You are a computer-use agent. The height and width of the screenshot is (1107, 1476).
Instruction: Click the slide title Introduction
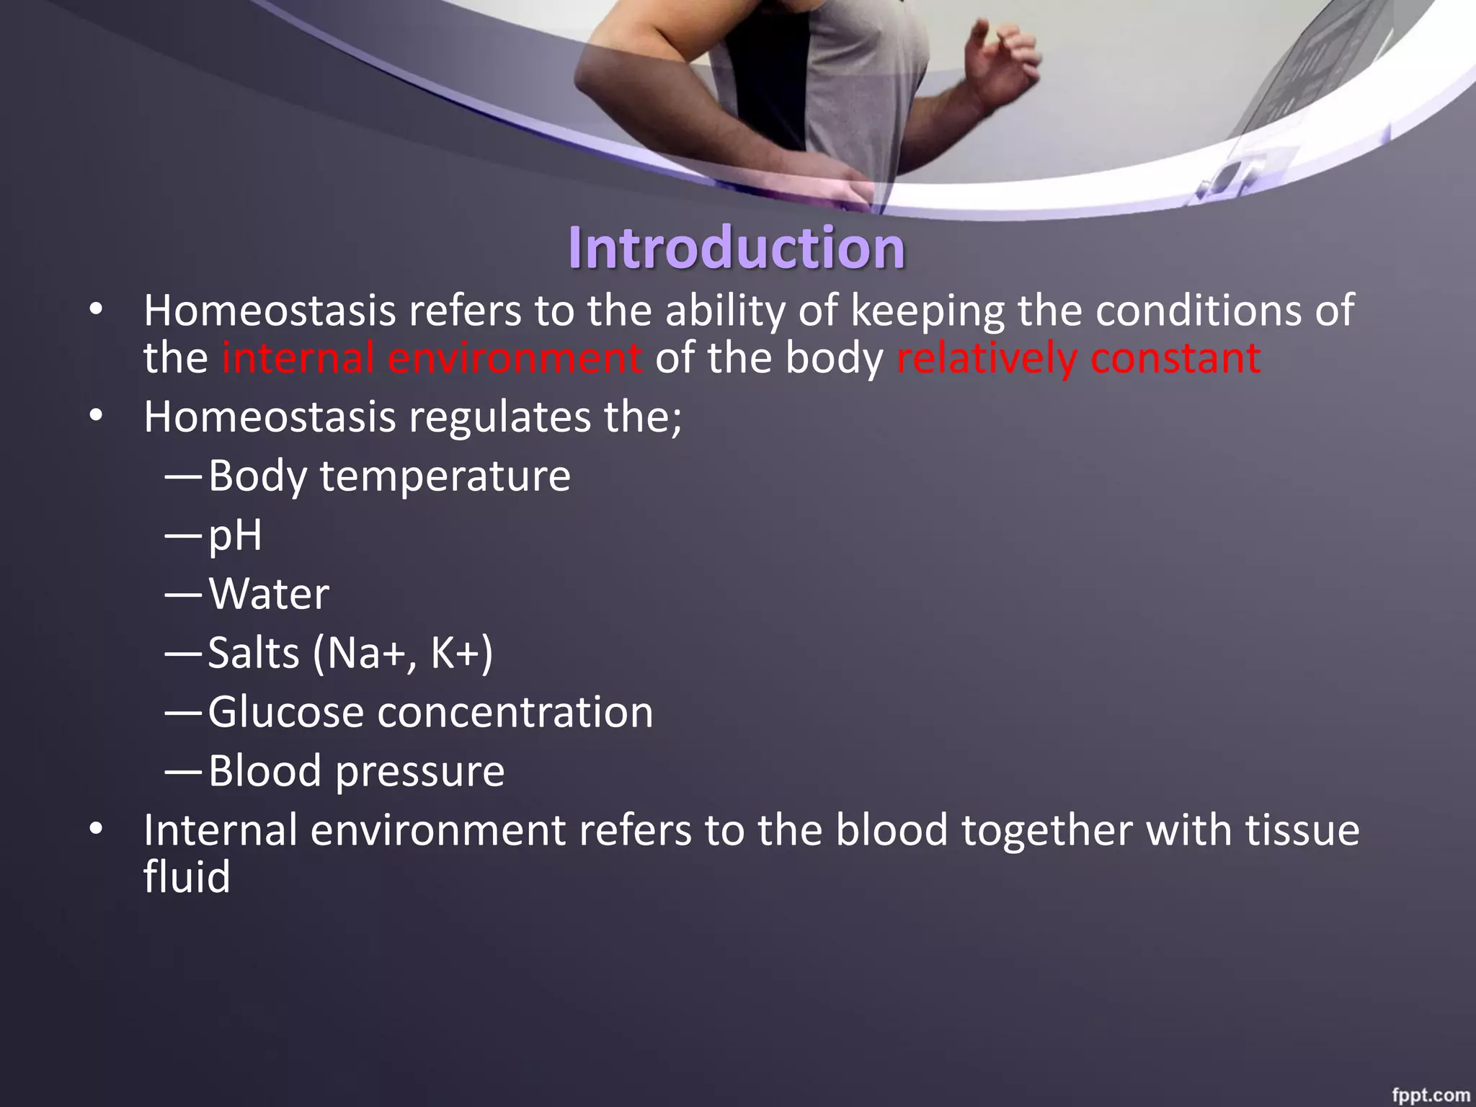pyautogui.click(x=736, y=248)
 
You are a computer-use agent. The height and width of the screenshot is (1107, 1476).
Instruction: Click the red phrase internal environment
pyautogui.click(x=431, y=358)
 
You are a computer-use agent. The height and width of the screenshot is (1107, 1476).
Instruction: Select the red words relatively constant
pyautogui.click(x=1078, y=358)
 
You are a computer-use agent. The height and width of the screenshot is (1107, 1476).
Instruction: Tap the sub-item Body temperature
pyautogui.click(x=389, y=476)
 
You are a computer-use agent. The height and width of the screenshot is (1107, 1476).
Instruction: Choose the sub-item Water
pyautogui.click(x=269, y=595)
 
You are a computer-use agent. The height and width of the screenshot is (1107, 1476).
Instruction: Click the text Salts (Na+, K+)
pyautogui.click(x=350, y=654)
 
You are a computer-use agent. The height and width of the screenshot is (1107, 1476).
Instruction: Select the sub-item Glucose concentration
pyautogui.click(x=430, y=713)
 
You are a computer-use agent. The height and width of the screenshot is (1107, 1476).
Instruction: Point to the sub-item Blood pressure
pyautogui.click(x=356, y=772)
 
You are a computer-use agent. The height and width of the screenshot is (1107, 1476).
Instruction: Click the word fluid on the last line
pyautogui.click(x=187, y=877)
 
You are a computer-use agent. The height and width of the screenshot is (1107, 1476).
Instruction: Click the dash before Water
pyautogui.click(x=183, y=595)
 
